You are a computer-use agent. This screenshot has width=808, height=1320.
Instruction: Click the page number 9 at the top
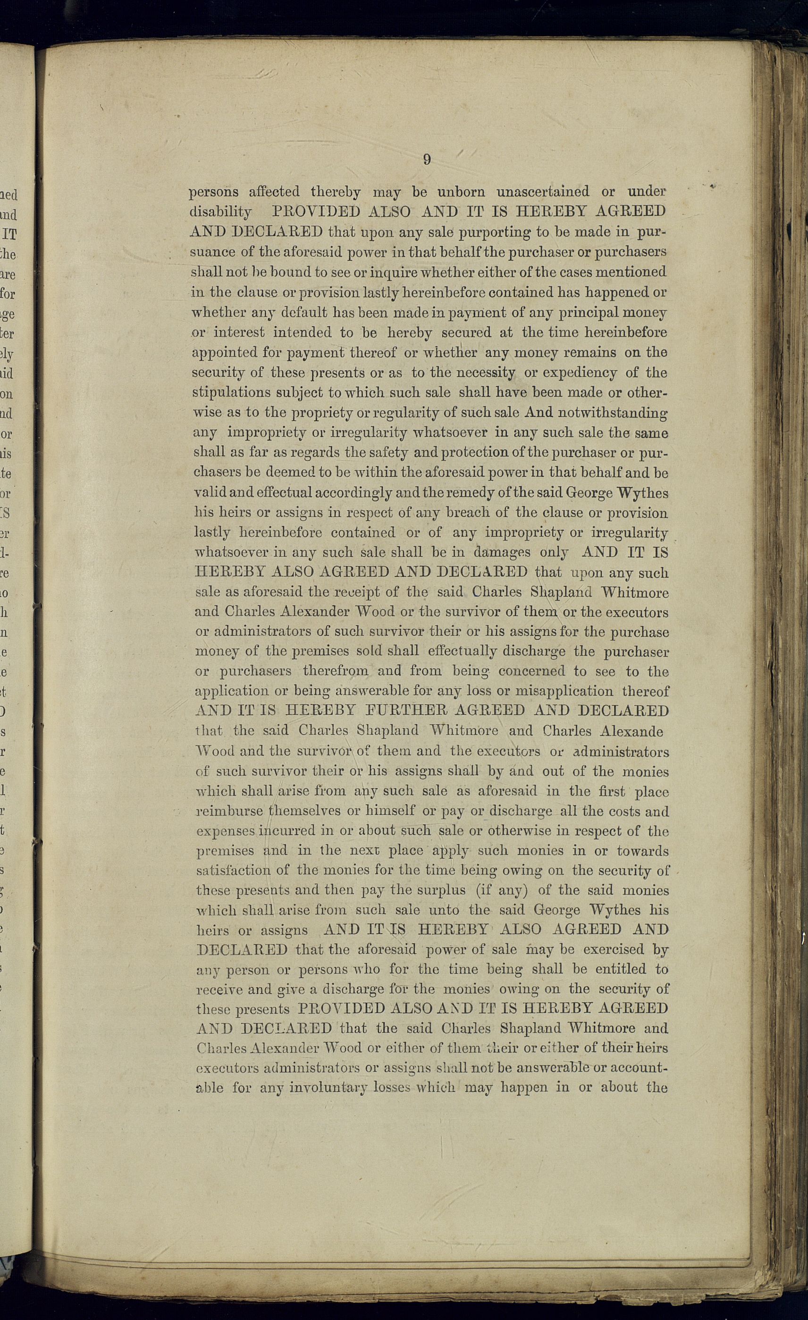[427, 160]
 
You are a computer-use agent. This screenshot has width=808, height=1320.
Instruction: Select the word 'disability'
[220, 212]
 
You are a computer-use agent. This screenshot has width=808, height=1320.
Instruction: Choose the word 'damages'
[502, 552]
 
